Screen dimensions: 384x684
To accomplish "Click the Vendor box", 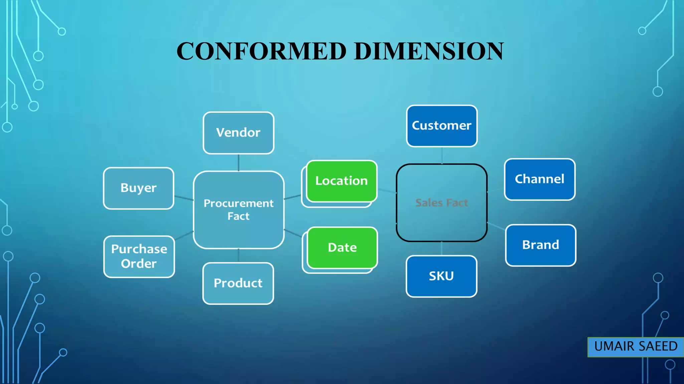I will click(x=238, y=133).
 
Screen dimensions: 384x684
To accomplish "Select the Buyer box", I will click(x=139, y=188).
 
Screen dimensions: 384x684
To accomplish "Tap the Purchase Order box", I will click(x=139, y=256).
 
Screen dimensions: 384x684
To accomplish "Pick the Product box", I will click(x=238, y=283).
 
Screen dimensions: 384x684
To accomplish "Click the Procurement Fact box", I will click(x=238, y=210).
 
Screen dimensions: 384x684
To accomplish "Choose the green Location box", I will click(x=341, y=181).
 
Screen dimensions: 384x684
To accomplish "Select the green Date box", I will click(x=342, y=248).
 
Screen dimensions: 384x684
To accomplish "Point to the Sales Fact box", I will click(x=442, y=203).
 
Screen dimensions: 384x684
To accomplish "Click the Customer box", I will click(x=442, y=126).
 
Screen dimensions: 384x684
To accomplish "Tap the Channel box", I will click(x=539, y=179).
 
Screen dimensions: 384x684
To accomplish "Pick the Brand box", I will click(x=540, y=245).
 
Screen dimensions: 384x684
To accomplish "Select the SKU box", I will click(x=441, y=276).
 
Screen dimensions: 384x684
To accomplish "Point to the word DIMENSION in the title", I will click(x=429, y=51).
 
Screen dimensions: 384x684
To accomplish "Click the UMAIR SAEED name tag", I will click(x=636, y=347).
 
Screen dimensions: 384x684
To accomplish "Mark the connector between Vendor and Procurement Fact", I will click(x=238, y=163).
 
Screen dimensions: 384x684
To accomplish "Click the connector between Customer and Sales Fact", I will click(x=442, y=155).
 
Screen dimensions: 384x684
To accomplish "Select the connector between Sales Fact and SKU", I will click(x=442, y=249).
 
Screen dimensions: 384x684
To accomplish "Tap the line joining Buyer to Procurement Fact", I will click(x=184, y=198).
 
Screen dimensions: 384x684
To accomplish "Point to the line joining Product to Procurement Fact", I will click(x=238, y=256).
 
